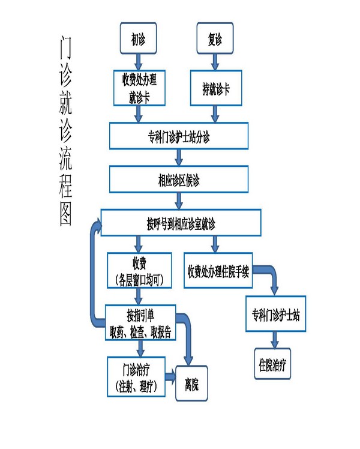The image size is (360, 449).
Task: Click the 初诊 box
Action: tap(139, 40)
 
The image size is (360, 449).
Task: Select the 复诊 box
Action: tap(215, 40)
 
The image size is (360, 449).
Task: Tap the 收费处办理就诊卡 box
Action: tap(139, 88)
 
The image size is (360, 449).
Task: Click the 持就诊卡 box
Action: tap(215, 88)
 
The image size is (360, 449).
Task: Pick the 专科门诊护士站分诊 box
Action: tap(178, 136)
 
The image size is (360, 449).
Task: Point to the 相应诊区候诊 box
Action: tap(178, 179)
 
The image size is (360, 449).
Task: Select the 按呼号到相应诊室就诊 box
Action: tap(181, 224)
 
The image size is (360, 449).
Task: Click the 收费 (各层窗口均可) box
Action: tap(139, 271)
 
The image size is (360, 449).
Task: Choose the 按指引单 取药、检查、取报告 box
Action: tap(140, 322)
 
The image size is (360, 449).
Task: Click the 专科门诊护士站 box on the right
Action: tap(276, 315)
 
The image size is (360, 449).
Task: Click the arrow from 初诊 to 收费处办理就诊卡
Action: tap(139, 61)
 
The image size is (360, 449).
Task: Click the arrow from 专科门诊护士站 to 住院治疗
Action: tap(275, 340)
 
